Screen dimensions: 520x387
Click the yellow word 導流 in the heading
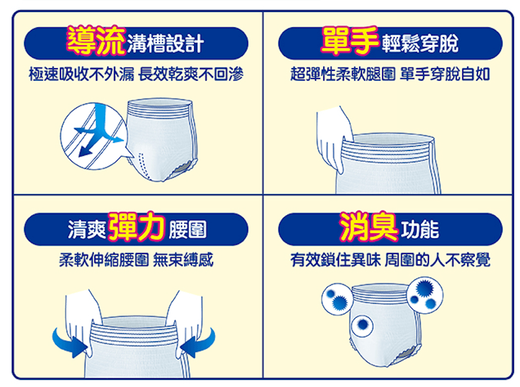point(96,40)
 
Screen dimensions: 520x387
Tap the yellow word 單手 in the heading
point(349,40)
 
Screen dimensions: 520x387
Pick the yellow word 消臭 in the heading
point(368,227)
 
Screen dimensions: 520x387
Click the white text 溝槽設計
point(165,44)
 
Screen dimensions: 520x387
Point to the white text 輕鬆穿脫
point(420,44)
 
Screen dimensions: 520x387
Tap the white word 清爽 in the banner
point(87,229)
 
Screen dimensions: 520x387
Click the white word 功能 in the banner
point(420,229)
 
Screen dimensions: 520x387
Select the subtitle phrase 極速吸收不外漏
point(82,74)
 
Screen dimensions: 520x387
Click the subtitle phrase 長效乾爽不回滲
point(191,74)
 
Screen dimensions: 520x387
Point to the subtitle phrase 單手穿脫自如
point(445,74)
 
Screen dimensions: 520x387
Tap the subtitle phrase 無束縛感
point(183,259)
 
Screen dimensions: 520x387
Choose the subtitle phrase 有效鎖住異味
point(336,259)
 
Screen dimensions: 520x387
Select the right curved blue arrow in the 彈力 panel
point(199,342)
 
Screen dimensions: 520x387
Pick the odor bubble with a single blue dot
point(362,325)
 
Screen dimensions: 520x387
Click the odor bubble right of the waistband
point(425,295)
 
